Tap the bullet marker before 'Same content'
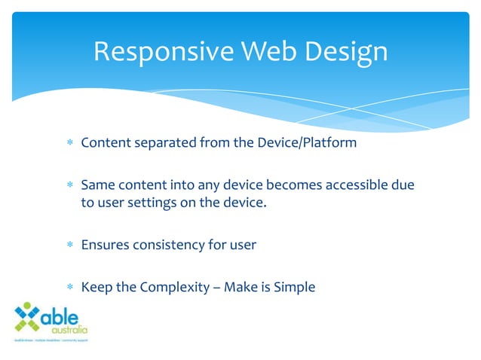(69, 185)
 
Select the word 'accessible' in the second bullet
(357, 184)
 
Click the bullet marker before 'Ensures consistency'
(69, 246)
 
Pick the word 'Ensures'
(104, 245)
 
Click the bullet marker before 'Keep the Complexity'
(69, 287)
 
